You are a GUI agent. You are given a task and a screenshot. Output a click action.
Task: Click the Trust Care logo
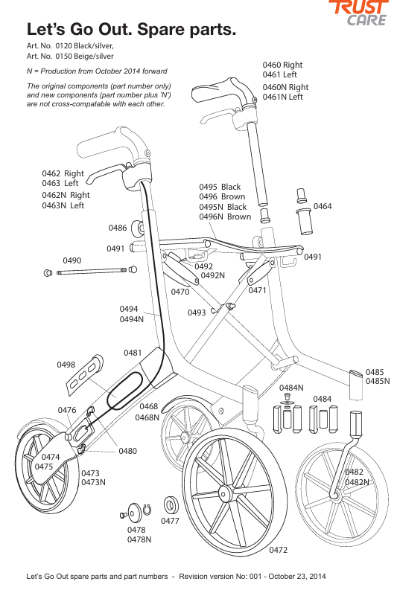tap(358, 13)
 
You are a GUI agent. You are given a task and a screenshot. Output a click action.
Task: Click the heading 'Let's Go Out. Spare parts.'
tap(131, 29)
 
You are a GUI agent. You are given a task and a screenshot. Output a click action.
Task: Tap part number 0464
tap(323, 206)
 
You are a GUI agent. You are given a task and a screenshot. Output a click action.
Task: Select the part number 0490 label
tap(72, 260)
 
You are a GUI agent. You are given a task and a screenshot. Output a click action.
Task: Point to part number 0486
tap(118, 228)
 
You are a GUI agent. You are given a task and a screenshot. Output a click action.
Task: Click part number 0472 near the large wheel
tap(278, 550)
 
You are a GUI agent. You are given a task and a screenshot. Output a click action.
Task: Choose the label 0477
tap(170, 521)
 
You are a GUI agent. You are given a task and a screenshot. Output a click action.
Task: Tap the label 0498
tap(66, 365)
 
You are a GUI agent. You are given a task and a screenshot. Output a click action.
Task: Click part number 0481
tap(133, 353)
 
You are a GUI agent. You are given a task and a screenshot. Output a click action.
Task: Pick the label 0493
tap(197, 312)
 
